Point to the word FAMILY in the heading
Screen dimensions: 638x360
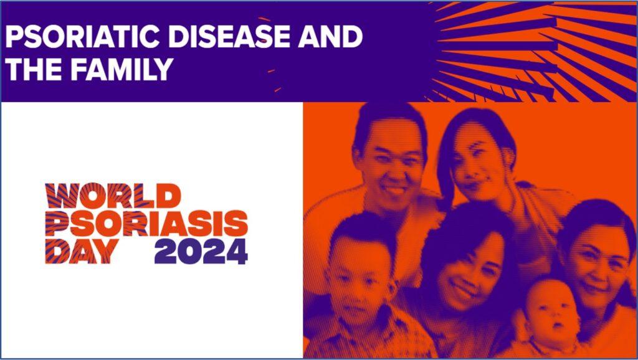[x=123, y=69]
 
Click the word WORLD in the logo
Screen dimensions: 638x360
[x=113, y=196]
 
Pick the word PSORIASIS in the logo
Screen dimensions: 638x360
[x=146, y=224]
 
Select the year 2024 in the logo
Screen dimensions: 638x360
[x=201, y=252]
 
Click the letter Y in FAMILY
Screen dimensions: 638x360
[x=164, y=69]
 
